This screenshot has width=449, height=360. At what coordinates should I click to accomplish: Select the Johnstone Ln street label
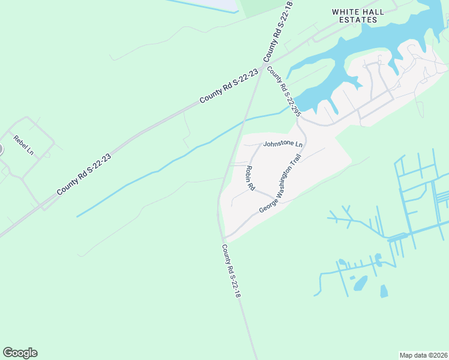click(x=283, y=144)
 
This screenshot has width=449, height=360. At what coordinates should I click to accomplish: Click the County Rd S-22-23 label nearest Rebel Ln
click(x=84, y=173)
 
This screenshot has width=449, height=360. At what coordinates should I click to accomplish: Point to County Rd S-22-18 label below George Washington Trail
click(x=231, y=271)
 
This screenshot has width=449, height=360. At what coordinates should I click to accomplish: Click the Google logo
click(x=20, y=353)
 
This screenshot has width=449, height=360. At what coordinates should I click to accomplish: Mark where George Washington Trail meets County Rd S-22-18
click(x=224, y=236)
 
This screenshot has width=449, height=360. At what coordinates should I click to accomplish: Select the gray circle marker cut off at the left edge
click(x=1, y=149)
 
